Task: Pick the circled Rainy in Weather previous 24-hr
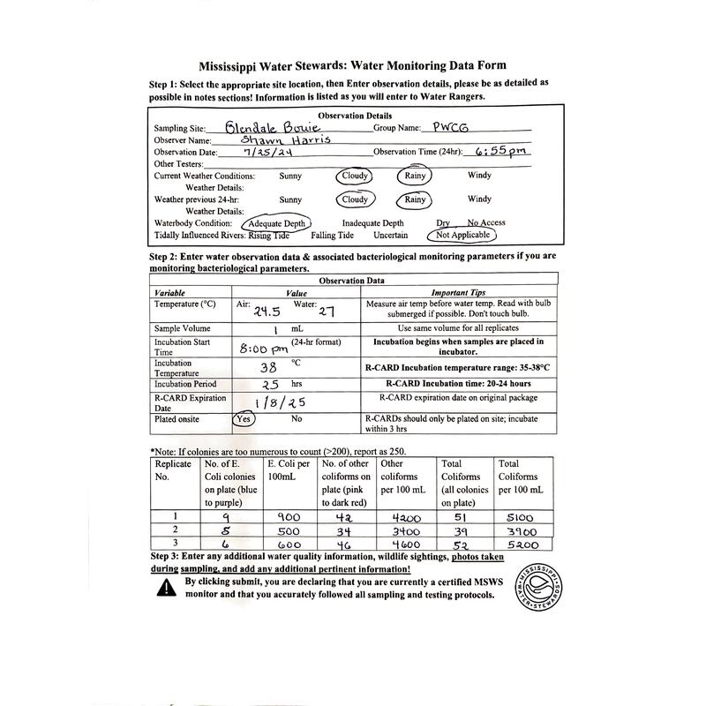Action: pyautogui.click(x=415, y=199)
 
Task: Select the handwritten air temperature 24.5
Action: pyautogui.click(x=267, y=312)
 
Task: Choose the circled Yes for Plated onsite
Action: pyautogui.click(x=243, y=419)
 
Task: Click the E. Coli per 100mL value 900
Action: pyautogui.click(x=289, y=516)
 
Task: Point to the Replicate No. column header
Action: pyautogui.click(x=173, y=469)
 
